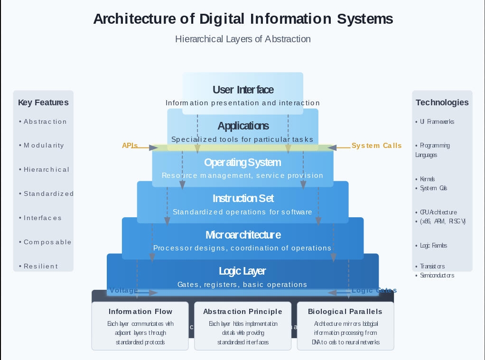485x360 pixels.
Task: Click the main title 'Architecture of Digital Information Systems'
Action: click(243, 19)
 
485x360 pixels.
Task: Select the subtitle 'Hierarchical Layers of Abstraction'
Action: click(243, 39)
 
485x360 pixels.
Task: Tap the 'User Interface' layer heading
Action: click(243, 90)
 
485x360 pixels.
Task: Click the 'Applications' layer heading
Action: click(243, 126)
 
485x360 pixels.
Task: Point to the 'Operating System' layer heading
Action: click(242, 162)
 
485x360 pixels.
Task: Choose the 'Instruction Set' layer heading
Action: click(243, 198)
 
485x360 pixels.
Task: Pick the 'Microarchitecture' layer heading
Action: click(243, 235)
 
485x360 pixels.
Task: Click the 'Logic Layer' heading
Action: click(242, 271)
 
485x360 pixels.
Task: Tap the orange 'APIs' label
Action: click(130, 146)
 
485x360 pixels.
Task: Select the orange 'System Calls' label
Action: click(376, 146)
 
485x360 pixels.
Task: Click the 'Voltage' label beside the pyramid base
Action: click(124, 290)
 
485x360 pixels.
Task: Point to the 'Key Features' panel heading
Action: click(43, 102)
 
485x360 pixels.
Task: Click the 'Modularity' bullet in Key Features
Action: click(44, 146)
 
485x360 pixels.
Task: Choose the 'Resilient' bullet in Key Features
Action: click(41, 266)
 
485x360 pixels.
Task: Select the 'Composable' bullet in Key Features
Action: click(47, 242)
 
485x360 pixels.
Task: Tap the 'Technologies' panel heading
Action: click(442, 102)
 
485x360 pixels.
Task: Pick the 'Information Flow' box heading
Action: click(140, 312)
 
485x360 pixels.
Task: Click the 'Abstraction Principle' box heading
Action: click(242, 312)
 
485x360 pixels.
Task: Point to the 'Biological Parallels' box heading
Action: click(345, 312)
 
